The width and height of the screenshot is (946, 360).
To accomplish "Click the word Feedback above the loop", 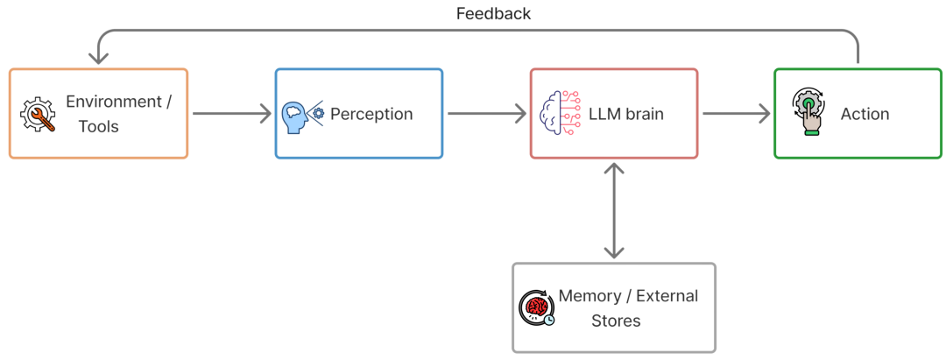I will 493,13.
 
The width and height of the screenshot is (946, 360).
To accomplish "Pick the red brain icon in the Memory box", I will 536,307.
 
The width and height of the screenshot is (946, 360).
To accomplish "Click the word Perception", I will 371,114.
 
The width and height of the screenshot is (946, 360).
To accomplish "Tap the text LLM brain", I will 626,114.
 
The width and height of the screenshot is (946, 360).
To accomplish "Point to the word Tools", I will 98,127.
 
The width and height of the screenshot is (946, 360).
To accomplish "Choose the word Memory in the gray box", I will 589,295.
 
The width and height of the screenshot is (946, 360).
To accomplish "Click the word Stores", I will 616,321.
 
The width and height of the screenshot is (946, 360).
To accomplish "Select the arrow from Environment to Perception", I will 231,113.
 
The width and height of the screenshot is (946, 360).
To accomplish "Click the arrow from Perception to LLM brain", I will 486,113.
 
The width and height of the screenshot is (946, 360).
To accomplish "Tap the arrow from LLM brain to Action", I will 736,113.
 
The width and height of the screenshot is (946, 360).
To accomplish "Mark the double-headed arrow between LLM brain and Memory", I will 614,210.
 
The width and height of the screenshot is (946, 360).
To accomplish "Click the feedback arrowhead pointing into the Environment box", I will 99,58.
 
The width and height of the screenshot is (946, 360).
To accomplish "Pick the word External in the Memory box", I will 667,295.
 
